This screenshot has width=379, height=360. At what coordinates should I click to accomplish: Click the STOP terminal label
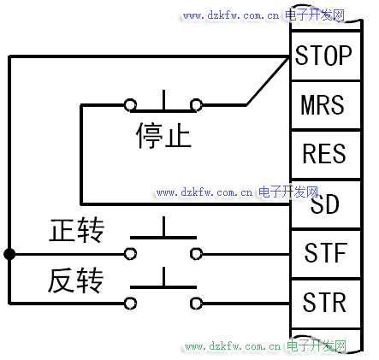point(323,56)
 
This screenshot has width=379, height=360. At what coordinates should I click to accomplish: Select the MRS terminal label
point(323,104)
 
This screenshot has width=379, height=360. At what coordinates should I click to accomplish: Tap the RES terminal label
point(324,153)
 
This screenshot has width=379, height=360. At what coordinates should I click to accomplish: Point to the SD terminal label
point(324,204)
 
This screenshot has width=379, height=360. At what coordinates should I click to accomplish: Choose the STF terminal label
point(326,252)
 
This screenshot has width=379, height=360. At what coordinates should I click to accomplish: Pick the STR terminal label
point(324,302)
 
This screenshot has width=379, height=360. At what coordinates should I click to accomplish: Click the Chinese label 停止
point(163,136)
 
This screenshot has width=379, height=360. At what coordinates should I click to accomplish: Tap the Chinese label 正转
point(77,230)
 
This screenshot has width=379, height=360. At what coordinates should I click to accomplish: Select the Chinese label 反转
point(75,280)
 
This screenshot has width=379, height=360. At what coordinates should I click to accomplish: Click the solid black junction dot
point(9,254)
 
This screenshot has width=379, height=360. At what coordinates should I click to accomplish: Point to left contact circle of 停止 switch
point(130,104)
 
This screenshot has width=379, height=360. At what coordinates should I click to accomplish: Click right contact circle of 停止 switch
point(196,104)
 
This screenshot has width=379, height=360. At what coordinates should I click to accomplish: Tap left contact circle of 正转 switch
point(130,254)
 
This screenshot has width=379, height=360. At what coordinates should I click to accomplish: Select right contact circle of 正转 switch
point(196,254)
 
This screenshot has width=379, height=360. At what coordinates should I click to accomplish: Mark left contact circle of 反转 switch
point(130,304)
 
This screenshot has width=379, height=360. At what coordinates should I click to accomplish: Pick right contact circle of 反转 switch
point(196,304)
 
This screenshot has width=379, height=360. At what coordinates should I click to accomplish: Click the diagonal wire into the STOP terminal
point(268,81)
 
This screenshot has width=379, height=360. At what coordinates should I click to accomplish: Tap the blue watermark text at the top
point(264,15)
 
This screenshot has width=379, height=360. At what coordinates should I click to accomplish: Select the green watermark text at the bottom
point(265,346)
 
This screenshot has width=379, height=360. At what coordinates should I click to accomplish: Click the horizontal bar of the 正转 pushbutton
point(163,238)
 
